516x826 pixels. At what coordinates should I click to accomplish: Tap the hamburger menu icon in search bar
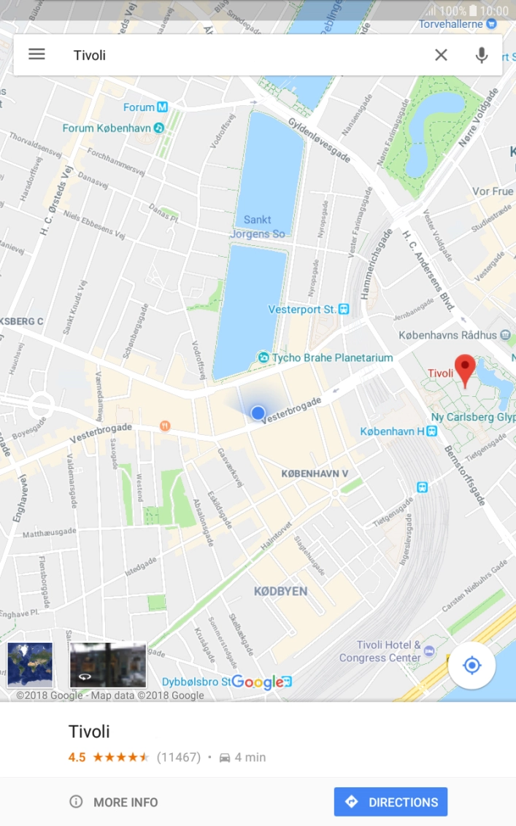point(36,55)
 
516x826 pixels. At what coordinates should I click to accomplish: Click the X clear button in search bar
point(441,55)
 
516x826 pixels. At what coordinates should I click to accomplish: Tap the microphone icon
point(481,55)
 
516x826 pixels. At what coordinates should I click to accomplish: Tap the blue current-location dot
point(258,413)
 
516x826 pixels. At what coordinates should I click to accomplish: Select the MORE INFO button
point(115,802)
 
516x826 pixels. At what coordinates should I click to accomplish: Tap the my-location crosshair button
point(471,665)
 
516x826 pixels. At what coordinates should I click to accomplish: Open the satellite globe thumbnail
point(30,665)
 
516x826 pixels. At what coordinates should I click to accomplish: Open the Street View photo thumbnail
point(108,665)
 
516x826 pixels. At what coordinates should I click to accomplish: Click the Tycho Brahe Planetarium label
point(332,358)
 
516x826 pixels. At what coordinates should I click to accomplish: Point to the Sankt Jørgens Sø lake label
point(258,227)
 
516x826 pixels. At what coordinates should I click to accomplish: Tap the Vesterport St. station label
point(302,309)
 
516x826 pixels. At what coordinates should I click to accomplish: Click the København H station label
point(393,431)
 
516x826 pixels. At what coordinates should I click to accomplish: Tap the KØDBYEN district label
point(281,591)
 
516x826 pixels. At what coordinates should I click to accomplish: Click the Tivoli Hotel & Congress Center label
point(380,652)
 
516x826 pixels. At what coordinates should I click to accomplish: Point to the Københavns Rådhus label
point(448,336)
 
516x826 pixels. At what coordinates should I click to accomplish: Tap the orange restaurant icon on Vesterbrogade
point(166,425)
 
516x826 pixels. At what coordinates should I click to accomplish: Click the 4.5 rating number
point(77,757)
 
